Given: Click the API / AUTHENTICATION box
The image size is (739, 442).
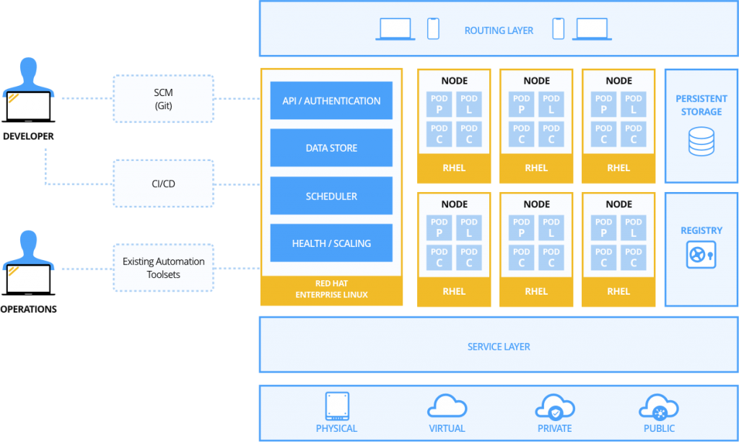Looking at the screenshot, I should click(x=331, y=100).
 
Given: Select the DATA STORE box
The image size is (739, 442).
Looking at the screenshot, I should click(x=331, y=148).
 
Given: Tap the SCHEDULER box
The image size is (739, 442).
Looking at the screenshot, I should click(x=331, y=196).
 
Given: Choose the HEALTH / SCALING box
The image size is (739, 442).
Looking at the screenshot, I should click(x=331, y=243).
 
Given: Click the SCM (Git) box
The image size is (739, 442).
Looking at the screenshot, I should click(x=164, y=99).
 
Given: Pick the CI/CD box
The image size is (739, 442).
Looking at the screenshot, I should click(x=164, y=183).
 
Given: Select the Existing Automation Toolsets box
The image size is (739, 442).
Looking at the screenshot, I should click(x=164, y=268).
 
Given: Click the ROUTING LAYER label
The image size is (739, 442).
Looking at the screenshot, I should click(x=499, y=30).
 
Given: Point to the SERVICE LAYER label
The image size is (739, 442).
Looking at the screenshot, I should click(x=499, y=347).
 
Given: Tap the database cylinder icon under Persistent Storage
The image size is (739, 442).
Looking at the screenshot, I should click(x=701, y=142).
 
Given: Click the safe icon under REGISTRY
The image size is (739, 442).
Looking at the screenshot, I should click(x=701, y=255).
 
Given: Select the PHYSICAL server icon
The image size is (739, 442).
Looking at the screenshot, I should click(x=337, y=406).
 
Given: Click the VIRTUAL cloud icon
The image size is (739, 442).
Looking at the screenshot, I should click(x=447, y=407).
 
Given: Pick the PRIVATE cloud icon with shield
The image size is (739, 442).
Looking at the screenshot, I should click(x=554, y=408).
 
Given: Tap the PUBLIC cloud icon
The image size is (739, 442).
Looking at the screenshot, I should click(x=659, y=407).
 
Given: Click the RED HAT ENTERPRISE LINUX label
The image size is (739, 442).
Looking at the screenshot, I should click(x=331, y=290).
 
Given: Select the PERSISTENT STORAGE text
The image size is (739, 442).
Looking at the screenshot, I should click(x=701, y=105).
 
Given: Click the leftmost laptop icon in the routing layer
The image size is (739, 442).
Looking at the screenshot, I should click(x=395, y=30).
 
